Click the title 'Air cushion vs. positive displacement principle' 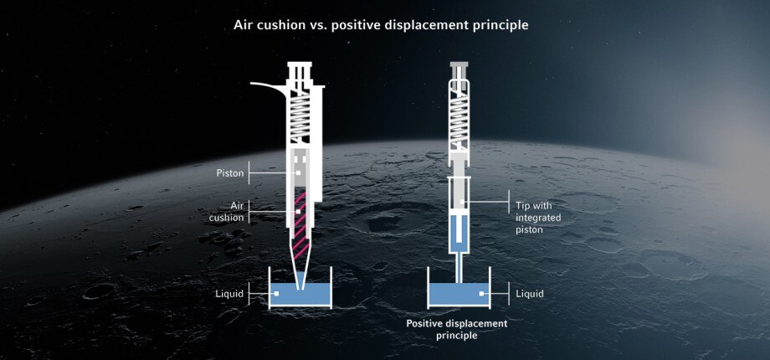click(381, 26)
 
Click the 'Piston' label click(230, 173)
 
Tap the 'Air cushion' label click(226, 212)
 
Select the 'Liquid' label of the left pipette click(229, 294)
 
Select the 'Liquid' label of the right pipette click(529, 294)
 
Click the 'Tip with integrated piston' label click(538, 217)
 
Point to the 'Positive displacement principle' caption click(457, 330)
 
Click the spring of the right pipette click(459, 121)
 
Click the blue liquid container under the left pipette click(300, 295)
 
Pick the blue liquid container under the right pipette click(459, 295)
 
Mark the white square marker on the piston click(298, 172)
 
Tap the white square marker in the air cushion click(298, 212)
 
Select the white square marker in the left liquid click(276, 294)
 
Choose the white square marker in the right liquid click(482, 294)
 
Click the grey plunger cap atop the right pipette click(459, 64)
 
